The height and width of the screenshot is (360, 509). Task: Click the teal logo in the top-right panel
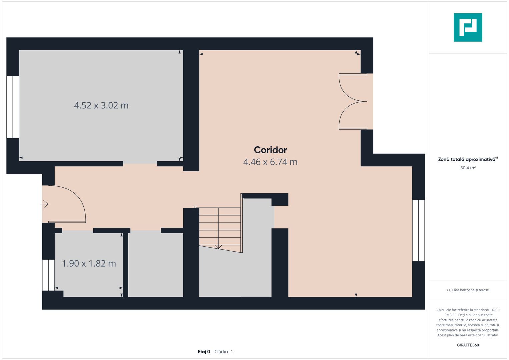point(468,27)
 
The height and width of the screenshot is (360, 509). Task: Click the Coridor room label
point(270,150)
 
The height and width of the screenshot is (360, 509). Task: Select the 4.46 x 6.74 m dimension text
point(270,162)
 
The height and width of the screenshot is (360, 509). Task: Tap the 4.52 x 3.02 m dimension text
point(101,105)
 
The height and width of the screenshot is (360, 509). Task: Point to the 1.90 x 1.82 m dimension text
point(89,263)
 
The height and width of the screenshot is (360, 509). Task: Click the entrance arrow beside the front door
point(44,204)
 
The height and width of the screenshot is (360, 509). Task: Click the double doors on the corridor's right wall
point(353,101)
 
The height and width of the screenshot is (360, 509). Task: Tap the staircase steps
point(220,227)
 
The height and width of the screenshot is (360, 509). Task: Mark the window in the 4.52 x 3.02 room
point(13,107)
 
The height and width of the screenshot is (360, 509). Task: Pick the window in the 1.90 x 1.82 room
point(48,275)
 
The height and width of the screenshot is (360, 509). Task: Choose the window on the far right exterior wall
point(418,230)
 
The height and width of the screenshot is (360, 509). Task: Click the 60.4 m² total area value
point(468,168)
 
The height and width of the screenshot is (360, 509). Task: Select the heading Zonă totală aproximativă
point(467,159)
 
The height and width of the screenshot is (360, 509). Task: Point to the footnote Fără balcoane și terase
point(468,290)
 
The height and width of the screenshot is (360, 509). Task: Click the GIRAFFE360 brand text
point(468,345)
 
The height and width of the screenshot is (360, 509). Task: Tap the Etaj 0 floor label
point(204,352)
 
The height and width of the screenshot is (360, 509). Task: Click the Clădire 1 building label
point(224,352)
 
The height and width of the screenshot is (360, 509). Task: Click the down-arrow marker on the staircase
point(218,247)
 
